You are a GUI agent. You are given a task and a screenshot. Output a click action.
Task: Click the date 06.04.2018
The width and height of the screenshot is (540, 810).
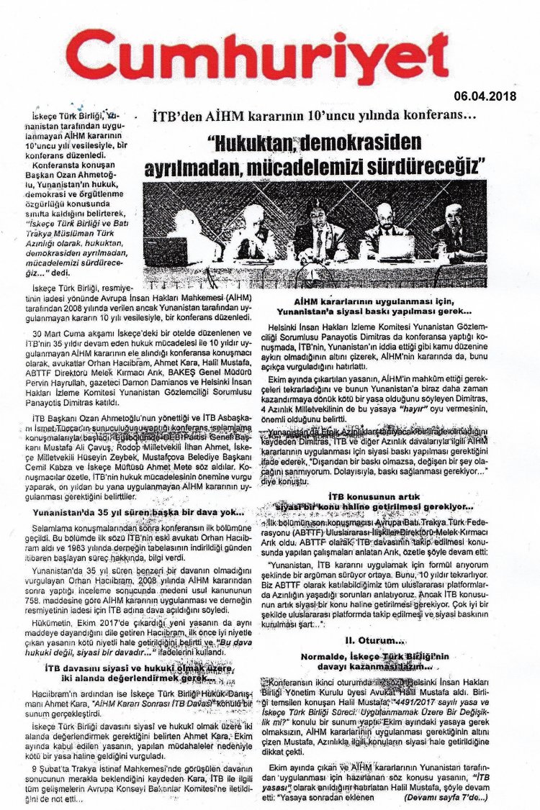(x=485, y=96)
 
